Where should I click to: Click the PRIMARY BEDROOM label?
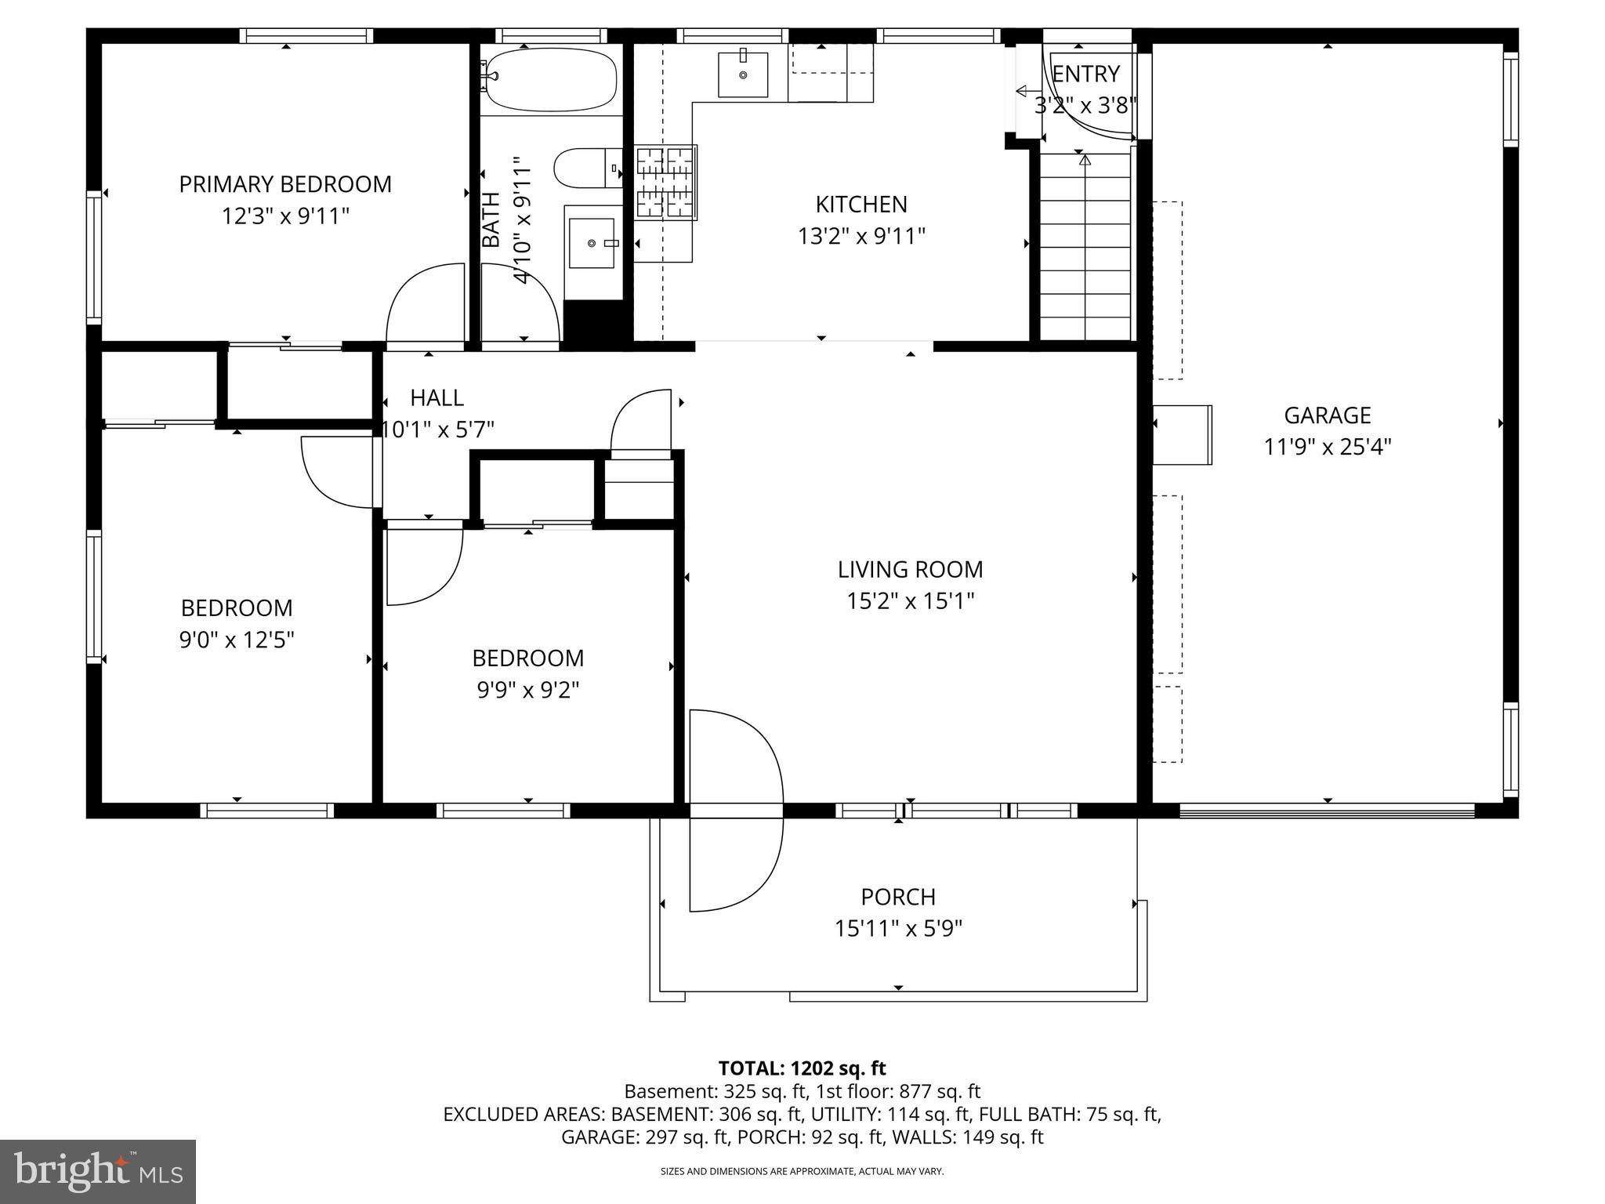click(x=285, y=184)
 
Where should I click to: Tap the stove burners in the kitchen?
click(x=665, y=183)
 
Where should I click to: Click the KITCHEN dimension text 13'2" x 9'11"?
click(x=861, y=236)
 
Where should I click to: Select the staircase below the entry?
click(x=1085, y=247)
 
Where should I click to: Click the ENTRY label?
click(x=1085, y=74)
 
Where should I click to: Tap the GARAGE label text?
click(x=1327, y=415)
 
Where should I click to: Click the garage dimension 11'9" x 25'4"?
click(x=1327, y=448)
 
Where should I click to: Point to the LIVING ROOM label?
click(x=910, y=569)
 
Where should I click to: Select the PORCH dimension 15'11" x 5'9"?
click(x=898, y=929)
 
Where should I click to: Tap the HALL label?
click(x=437, y=398)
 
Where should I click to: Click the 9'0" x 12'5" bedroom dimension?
click(x=237, y=640)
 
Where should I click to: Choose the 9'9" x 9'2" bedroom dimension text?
click(x=527, y=690)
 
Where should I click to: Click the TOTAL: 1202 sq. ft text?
click(x=802, y=1068)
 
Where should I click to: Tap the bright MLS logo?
click(x=98, y=1171)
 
